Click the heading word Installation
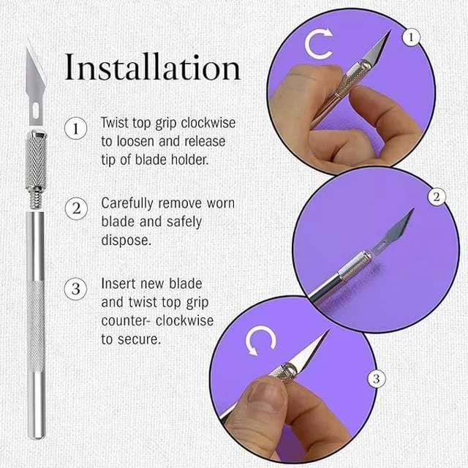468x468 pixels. pyautogui.click(x=152, y=67)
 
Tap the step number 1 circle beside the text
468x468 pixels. pyautogui.click(x=76, y=129)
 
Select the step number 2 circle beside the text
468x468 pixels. pyautogui.click(x=76, y=208)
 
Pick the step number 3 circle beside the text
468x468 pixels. pyautogui.click(x=76, y=290)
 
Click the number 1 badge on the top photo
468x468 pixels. pyautogui.click(x=412, y=37)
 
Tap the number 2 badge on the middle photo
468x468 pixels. pyautogui.click(x=437, y=197)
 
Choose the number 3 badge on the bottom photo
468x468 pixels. pyautogui.click(x=377, y=379)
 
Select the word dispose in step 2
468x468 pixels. pyautogui.click(x=126, y=241)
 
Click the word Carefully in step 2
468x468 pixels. pyautogui.click(x=128, y=204)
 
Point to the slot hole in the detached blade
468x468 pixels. pyautogui.click(x=36, y=109)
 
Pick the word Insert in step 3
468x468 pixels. pyautogui.click(x=118, y=284)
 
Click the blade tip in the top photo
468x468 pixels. pyautogui.click(x=390, y=30)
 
